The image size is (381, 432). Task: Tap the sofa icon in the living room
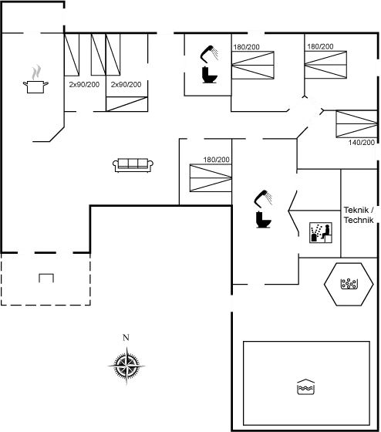(x=133, y=165)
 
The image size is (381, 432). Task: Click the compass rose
(x=126, y=366)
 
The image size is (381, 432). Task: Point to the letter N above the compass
(x=126, y=338)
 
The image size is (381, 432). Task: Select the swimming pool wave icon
(x=305, y=386)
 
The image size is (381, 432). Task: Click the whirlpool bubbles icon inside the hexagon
(x=349, y=284)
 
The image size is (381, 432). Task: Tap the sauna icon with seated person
(x=321, y=233)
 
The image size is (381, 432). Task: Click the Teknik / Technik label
(x=359, y=215)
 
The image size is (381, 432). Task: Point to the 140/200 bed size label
(x=362, y=143)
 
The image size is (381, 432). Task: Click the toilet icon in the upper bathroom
(x=209, y=75)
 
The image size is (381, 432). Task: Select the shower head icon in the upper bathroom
(x=209, y=54)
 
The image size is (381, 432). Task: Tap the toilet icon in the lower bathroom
(x=264, y=220)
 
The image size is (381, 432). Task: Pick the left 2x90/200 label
(x=84, y=85)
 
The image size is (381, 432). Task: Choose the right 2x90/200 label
(x=126, y=85)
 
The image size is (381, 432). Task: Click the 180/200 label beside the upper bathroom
(x=247, y=47)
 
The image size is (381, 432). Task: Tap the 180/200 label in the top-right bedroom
(x=320, y=46)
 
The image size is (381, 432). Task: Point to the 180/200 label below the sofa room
(x=217, y=160)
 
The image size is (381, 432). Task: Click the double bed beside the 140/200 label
(x=356, y=124)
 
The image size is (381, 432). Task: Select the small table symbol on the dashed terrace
(x=46, y=278)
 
